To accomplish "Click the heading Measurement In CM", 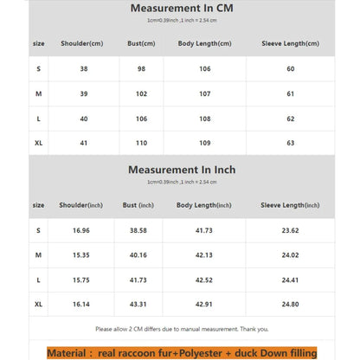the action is (x=181, y=8).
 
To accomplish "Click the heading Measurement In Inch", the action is (x=181, y=170).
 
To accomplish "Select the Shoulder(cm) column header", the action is (x=82, y=43).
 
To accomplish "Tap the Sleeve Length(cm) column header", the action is (x=290, y=43).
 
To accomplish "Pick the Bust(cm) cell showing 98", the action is (x=143, y=69).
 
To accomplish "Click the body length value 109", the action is (x=204, y=143).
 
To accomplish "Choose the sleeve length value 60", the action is (x=290, y=69).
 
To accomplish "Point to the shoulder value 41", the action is (x=82, y=143).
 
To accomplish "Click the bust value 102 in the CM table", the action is (x=143, y=93).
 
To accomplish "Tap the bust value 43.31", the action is (x=138, y=305).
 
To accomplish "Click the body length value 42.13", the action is (x=204, y=255).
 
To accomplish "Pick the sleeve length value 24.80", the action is (x=290, y=305).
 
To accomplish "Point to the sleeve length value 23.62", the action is (x=290, y=231).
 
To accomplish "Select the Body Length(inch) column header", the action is (x=204, y=205).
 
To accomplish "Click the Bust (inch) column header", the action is (x=138, y=205).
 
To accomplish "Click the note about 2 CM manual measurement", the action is (x=180, y=329).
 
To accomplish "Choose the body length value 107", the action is (x=204, y=93).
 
